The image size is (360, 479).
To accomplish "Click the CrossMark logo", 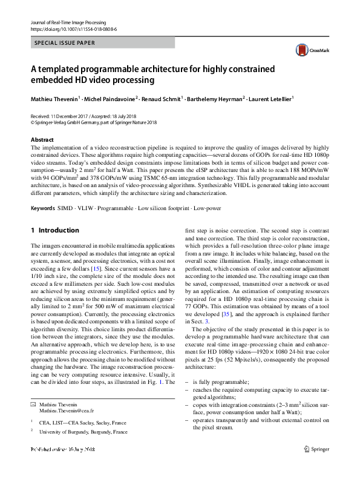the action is (308, 50).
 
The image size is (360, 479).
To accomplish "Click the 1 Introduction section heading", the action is (55, 230).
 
